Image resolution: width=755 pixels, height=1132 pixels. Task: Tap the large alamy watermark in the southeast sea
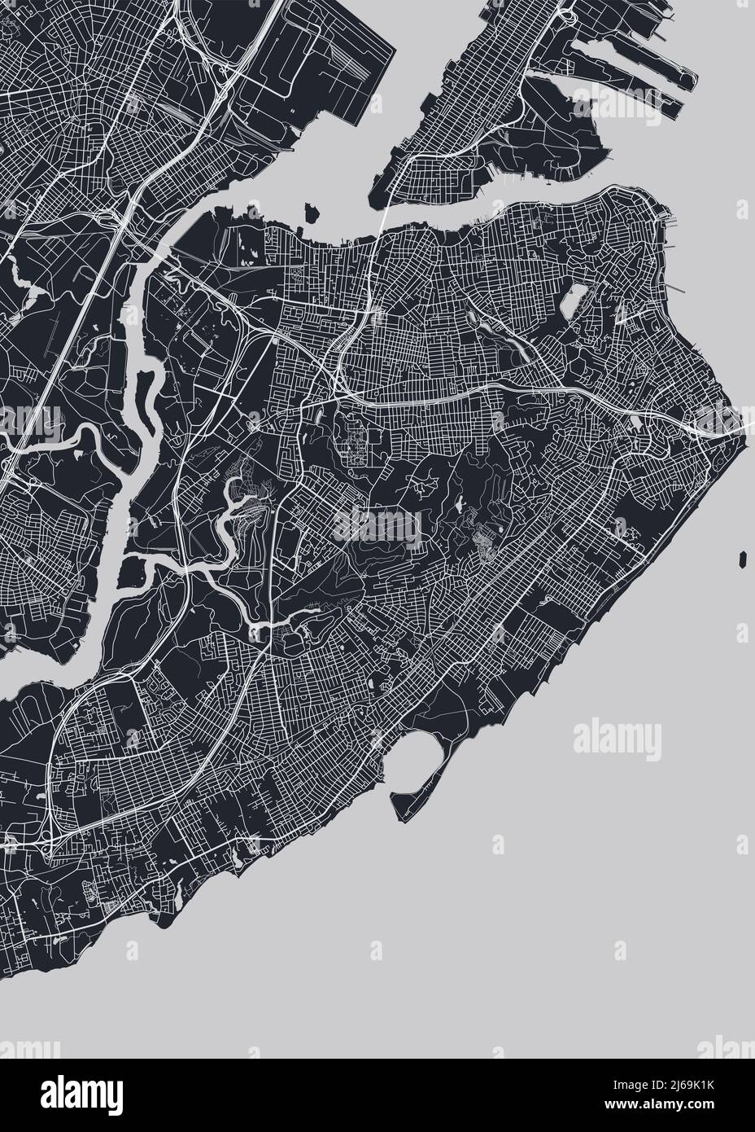(618, 738)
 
